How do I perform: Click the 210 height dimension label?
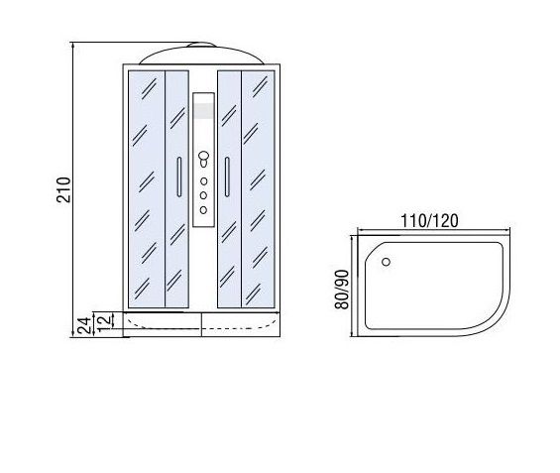coord(63,189)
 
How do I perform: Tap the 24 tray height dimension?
coord(84,325)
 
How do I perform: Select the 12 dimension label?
coord(104,323)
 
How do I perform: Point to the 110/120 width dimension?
coord(429,221)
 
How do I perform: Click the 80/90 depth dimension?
coord(342,290)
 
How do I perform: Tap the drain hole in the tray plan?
coord(386,262)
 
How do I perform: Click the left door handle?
coord(179,177)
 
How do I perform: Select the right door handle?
coord(227,177)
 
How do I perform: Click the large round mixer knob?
coord(203,156)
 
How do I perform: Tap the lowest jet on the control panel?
coord(203,210)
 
